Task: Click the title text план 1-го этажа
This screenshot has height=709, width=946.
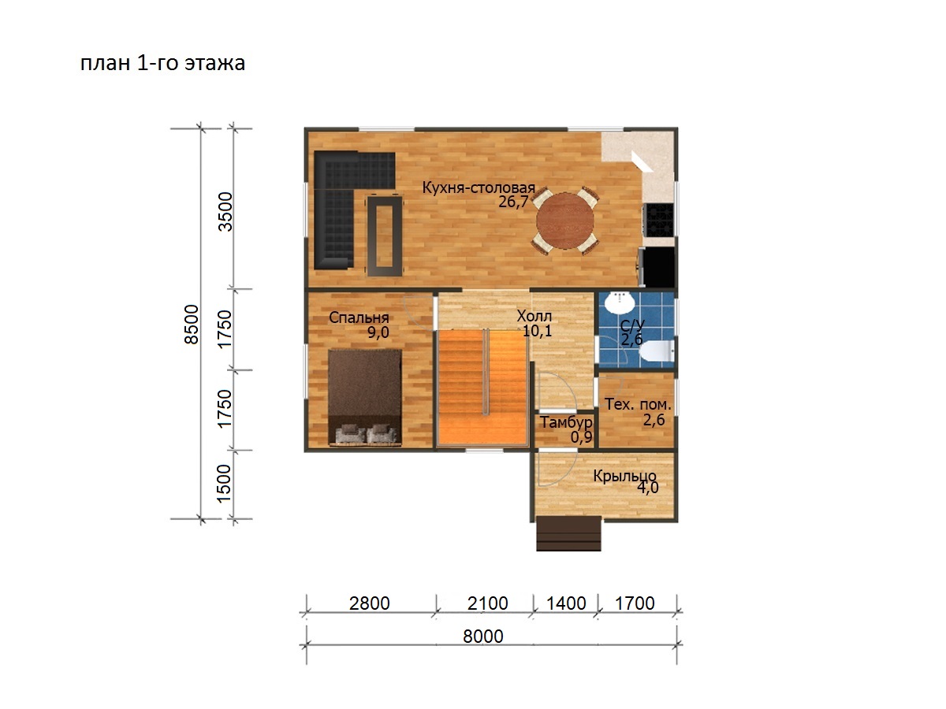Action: (162, 64)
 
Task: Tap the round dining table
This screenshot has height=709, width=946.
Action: (565, 221)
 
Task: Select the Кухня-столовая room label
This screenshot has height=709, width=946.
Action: (479, 187)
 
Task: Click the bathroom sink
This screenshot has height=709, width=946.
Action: (620, 303)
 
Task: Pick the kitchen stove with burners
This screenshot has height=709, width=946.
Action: (658, 220)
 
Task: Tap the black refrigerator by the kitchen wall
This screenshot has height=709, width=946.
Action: (657, 267)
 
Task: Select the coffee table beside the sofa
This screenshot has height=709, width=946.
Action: (385, 236)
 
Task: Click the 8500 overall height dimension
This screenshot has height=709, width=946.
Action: (192, 324)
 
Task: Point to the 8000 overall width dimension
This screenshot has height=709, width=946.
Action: (482, 637)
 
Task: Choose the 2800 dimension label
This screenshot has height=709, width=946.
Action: (370, 603)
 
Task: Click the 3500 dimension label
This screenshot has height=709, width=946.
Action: (225, 212)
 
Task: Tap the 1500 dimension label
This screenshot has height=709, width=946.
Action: (224, 484)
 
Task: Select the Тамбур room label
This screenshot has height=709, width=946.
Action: (566, 423)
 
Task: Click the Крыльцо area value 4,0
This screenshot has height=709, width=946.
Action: (648, 488)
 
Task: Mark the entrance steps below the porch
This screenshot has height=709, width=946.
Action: (568, 534)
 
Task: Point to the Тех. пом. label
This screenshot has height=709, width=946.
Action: (638, 404)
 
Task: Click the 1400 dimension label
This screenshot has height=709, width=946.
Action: (566, 603)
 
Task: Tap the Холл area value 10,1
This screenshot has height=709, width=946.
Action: (537, 331)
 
